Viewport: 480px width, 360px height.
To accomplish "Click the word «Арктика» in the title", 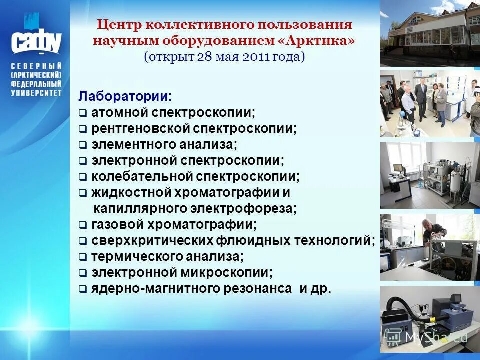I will coord(322,40).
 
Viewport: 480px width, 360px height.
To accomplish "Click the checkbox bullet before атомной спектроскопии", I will coord(83,113).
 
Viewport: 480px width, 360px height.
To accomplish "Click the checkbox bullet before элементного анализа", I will coord(83,145).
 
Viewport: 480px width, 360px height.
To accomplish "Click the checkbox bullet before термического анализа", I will coord(83,257).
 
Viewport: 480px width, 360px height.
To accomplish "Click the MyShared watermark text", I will coord(436,337).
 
